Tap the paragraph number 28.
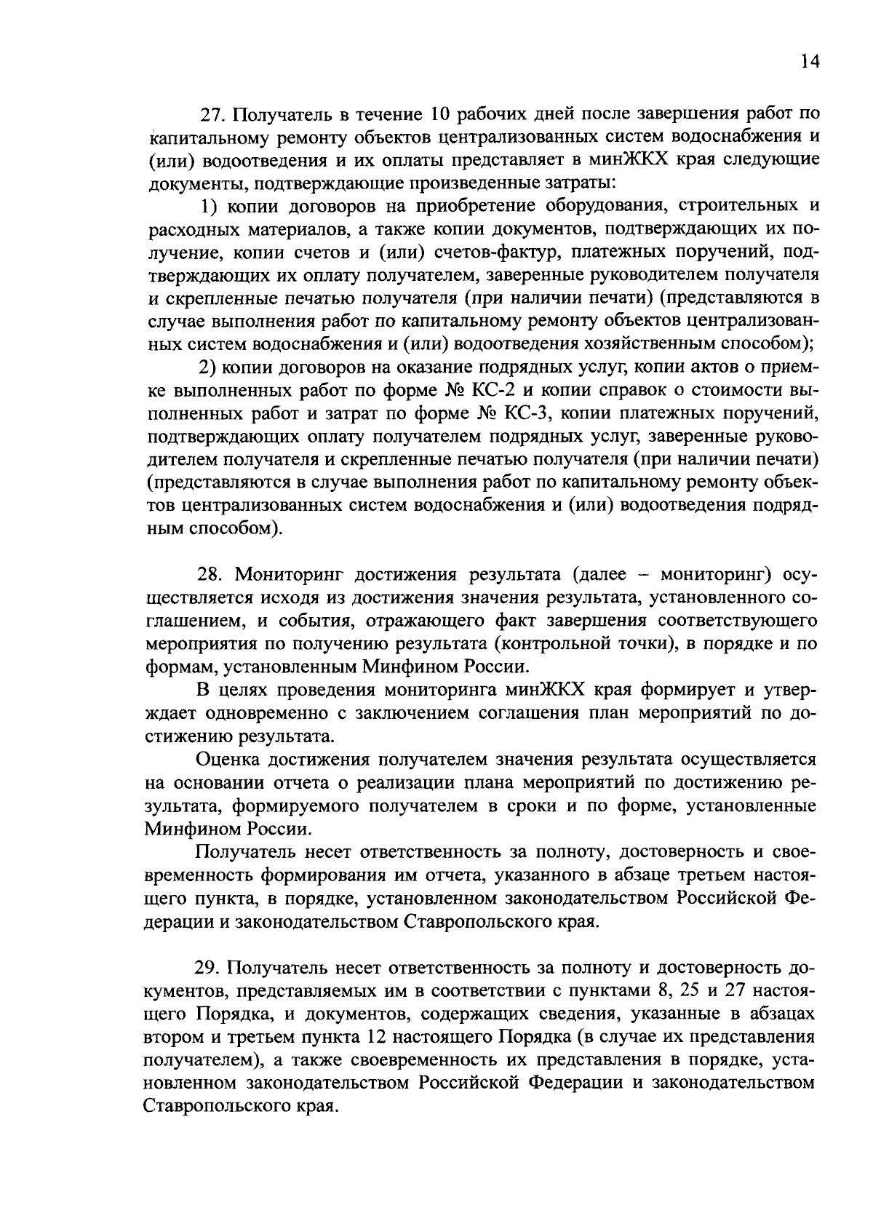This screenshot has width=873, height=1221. [x=210, y=575]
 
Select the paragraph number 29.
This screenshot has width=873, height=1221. [x=207, y=969]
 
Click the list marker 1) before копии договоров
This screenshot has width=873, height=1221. [x=210, y=207]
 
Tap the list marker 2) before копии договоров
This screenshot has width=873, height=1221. [x=210, y=367]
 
